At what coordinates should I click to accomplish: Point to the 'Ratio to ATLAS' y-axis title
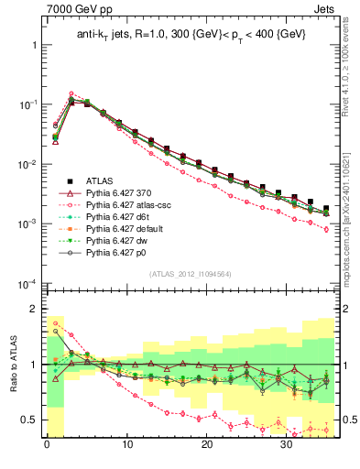click(11, 364)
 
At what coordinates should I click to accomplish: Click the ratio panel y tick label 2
click(34, 309)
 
